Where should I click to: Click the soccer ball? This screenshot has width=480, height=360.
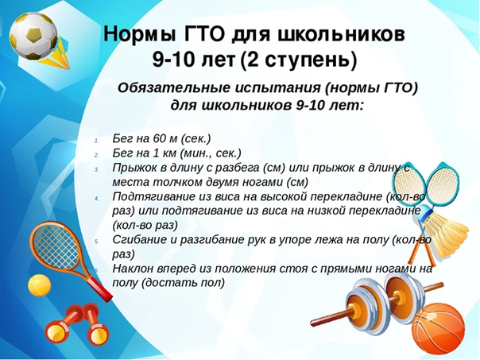click(33, 36)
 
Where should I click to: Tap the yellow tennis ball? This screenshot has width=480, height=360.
click(40, 285)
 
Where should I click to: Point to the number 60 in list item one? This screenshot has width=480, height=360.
click(159, 138)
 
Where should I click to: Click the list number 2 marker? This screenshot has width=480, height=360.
click(96, 155)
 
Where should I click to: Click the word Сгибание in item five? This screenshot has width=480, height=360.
click(137, 240)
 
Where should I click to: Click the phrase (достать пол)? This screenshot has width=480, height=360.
click(183, 283)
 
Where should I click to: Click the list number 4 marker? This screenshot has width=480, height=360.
click(96, 198)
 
